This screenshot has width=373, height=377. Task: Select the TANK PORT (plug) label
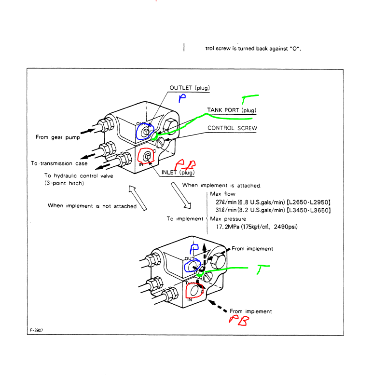click(231, 110)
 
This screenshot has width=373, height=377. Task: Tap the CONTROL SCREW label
click(232, 128)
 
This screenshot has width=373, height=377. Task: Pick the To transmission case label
click(59, 163)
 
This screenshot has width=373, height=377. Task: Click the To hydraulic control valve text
click(79, 176)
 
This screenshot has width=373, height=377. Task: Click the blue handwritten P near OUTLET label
click(182, 99)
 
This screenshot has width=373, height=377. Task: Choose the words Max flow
click(222, 194)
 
